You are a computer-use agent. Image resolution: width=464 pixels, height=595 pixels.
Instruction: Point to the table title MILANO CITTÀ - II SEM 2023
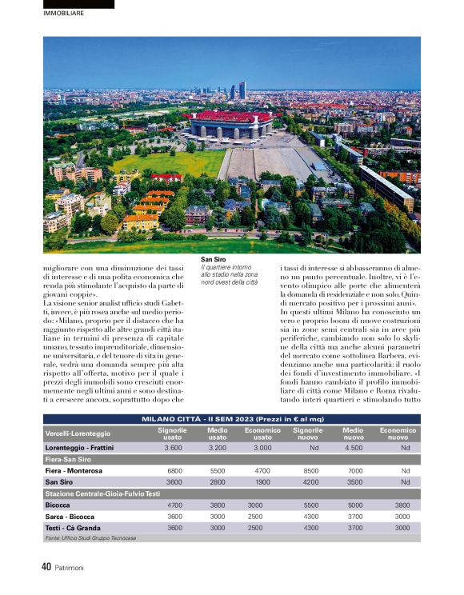(x=232, y=419)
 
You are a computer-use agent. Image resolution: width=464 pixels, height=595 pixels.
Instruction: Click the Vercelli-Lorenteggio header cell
(x=78, y=433)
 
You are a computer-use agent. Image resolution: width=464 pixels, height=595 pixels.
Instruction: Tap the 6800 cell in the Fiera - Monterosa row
(x=174, y=471)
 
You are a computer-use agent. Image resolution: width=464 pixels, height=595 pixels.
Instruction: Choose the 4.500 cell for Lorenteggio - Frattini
(x=354, y=448)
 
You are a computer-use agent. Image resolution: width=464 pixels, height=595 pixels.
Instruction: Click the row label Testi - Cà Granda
(x=73, y=528)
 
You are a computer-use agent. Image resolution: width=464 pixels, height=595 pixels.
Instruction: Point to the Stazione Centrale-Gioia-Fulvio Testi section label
(x=102, y=493)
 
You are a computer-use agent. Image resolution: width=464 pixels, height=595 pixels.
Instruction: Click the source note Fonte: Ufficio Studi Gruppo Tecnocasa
(x=92, y=539)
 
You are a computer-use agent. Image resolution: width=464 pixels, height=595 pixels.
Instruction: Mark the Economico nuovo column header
(x=398, y=433)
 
